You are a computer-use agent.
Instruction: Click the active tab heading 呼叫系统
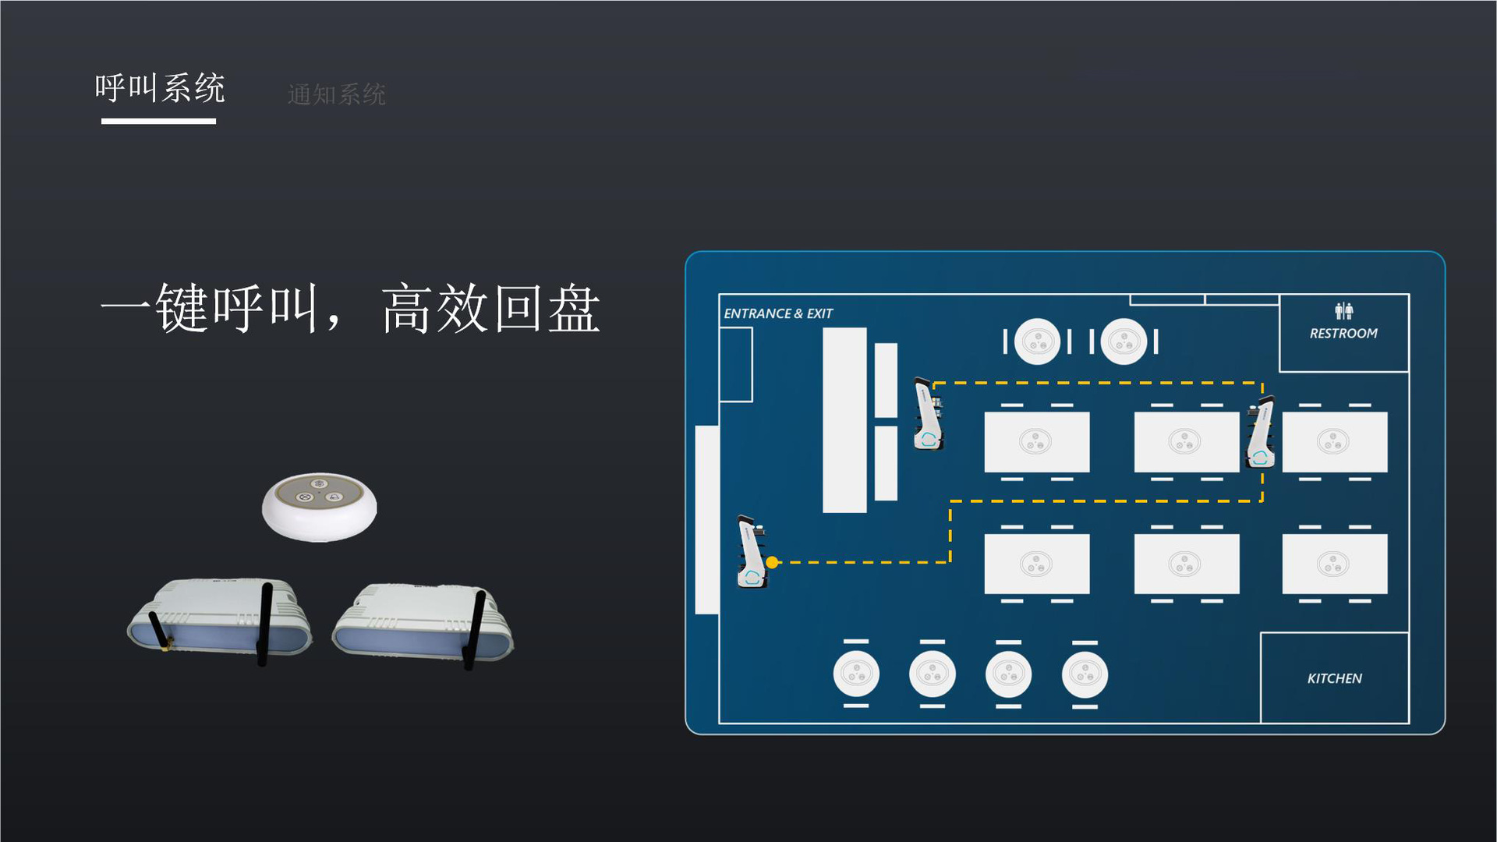click(x=160, y=88)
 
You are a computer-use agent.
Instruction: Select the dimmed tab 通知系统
click(x=336, y=94)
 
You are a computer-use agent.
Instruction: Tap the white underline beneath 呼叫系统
click(x=158, y=121)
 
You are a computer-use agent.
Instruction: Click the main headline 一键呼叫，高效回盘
click(x=350, y=309)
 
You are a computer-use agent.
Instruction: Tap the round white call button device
click(x=319, y=506)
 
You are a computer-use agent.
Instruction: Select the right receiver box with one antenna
click(x=423, y=623)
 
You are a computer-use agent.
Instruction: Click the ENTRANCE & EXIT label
click(x=777, y=313)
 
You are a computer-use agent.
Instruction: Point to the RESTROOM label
click(x=1343, y=334)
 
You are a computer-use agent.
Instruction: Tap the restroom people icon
click(x=1343, y=311)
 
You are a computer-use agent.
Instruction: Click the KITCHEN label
click(x=1334, y=678)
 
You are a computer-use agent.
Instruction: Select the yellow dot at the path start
click(x=772, y=562)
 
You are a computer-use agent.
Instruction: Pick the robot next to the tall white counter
click(x=928, y=414)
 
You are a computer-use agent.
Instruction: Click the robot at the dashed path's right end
click(x=1261, y=433)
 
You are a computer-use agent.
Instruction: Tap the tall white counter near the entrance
click(x=844, y=420)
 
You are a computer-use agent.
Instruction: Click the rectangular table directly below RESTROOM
click(x=1334, y=442)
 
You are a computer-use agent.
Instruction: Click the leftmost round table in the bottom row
click(x=856, y=674)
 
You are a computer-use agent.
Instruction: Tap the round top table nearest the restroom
click(x=1124, y=341)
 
